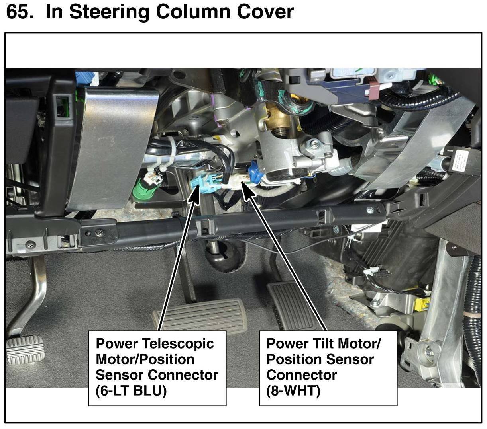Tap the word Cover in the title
pyautogui.click(x=265, y=12)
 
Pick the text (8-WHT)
pyautogui.click(x=293, y=391)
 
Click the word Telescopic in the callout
pyautogui.click(x=178, y=343)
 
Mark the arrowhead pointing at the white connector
pyautogui.click(x=248, y=190)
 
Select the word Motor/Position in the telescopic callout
pyautogui.click(x=145, y=359)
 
